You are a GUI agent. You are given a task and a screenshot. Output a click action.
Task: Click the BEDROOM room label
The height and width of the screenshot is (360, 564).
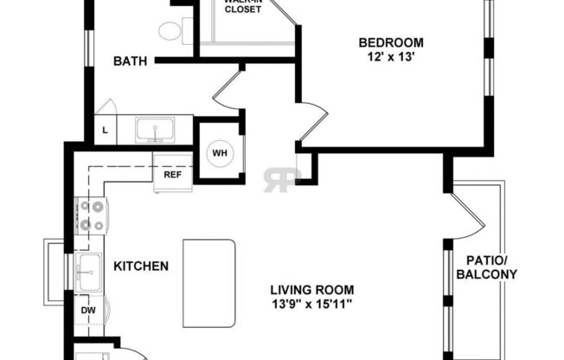coord(391,42)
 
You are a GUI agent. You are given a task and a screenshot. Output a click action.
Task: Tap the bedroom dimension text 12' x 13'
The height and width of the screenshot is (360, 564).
coord(391,57)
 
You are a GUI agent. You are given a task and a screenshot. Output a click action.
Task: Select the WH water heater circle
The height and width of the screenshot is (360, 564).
coord(219,153)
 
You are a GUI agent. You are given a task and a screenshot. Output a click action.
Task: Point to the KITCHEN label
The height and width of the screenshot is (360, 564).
coord(140,266)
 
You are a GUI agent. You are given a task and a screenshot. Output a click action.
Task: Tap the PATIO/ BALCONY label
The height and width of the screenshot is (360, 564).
coord(491,267)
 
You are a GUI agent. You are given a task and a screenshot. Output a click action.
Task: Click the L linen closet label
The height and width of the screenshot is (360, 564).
coord(105,131)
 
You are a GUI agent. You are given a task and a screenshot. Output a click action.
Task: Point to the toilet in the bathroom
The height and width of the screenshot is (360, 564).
coord(170,31)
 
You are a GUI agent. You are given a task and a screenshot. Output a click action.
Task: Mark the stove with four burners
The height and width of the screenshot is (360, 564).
coord(91,216)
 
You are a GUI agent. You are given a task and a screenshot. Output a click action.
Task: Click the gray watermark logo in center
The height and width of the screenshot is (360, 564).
coord(282,176)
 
